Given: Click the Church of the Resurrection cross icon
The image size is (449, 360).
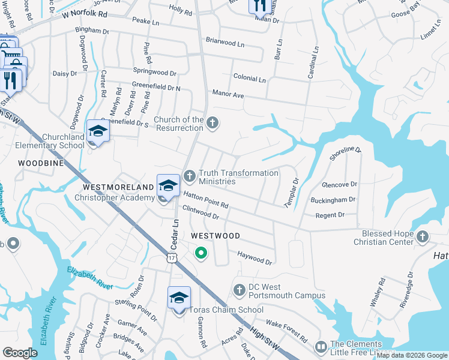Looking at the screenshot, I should point(212,124).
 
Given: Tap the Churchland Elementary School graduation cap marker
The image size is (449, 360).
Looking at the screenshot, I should point(98,131).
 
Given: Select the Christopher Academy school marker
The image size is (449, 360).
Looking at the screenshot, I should point(169,185).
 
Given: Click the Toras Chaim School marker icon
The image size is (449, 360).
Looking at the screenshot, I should point(179,298).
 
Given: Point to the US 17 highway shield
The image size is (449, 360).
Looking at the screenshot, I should point(172,257).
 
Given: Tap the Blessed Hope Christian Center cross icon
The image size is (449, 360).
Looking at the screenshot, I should point(423,237).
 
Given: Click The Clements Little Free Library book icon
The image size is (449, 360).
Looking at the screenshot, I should point(321,347).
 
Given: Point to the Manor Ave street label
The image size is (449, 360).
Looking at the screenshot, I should point(228,94).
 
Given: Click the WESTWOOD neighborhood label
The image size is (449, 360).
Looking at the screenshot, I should point(215,236).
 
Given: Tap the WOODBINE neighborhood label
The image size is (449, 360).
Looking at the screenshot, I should point(41,163).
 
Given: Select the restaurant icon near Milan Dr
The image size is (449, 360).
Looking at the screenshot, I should point(259,5).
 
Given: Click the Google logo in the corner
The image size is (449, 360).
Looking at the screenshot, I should point(20,353).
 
